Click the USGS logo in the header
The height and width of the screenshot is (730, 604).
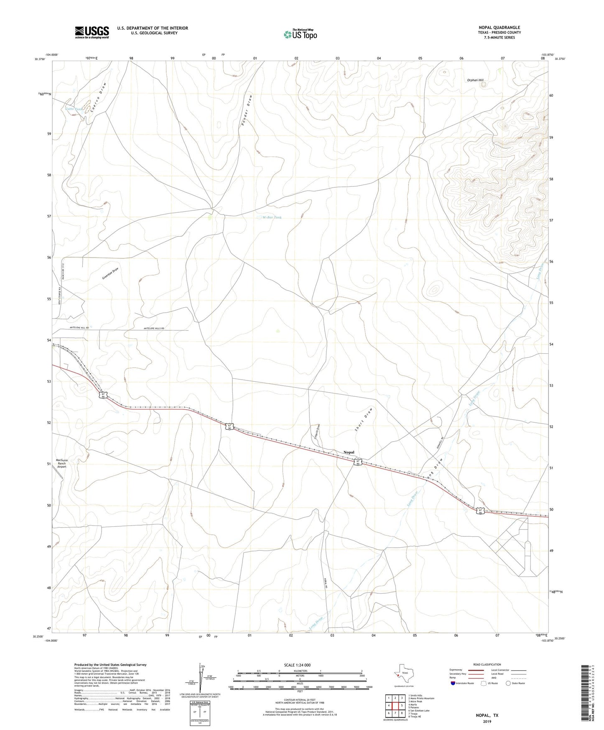coord(92,32)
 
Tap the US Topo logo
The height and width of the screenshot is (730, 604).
coord(300,34)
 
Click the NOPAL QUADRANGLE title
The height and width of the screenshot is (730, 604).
coord(499,28)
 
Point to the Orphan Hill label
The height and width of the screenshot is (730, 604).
coord(475,80)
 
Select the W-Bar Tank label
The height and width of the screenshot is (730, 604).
coord(272,217)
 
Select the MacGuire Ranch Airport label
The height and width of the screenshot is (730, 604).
coord(62,463)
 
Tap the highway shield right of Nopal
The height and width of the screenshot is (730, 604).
coord(358,462)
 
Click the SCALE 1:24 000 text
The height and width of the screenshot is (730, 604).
coord(297,665)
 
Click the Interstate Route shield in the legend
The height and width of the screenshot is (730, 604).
coord(453,683)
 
